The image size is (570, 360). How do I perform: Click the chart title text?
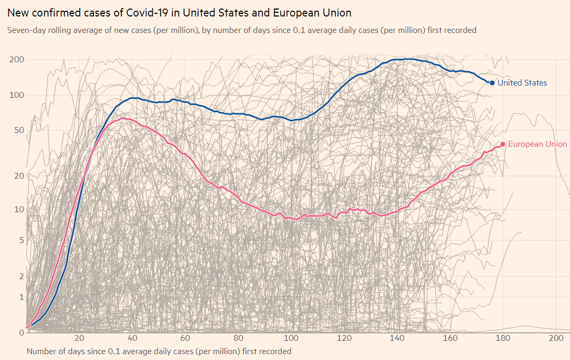179,12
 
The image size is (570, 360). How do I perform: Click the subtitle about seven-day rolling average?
242,30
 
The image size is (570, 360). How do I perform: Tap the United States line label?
522,83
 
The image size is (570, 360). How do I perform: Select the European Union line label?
538,144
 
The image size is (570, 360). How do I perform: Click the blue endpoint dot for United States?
492,83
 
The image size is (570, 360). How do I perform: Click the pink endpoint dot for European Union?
502,144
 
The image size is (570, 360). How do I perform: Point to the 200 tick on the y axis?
17,59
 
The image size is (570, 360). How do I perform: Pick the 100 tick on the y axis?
17,95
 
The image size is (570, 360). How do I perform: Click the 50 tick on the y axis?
19,130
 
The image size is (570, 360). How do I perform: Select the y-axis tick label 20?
19,176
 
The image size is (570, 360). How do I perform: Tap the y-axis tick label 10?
19,210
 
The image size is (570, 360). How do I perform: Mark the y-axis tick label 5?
22,240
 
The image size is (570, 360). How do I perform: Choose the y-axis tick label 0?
22,333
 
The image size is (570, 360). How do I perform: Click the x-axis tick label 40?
133,339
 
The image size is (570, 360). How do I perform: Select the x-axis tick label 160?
450,339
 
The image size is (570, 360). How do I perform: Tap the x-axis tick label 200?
556,339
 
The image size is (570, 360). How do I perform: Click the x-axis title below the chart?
159,351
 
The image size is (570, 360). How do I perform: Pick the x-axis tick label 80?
238,339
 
